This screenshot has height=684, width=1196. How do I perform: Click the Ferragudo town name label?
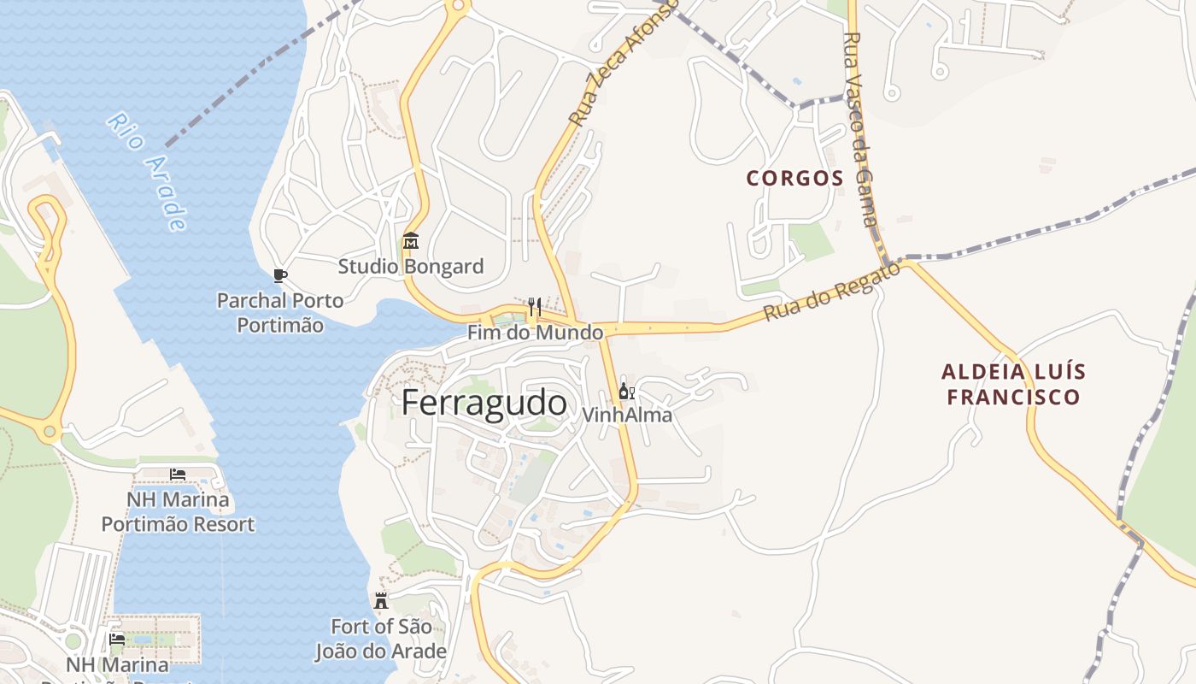click(484, 403)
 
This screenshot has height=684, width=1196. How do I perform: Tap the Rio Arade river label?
click(146, 171)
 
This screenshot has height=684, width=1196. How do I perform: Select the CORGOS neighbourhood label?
click(794, 179)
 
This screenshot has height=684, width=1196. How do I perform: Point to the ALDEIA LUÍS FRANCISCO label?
click(1013, 385)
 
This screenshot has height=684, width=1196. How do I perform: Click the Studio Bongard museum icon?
click(410, 240)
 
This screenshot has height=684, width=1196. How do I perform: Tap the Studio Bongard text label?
click(410, 267)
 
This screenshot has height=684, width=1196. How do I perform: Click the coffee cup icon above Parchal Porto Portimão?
click(279, 275)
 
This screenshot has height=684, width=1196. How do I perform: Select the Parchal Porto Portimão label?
click(279, 313)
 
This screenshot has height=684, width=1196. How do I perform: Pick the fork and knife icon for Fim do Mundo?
click(535, 307)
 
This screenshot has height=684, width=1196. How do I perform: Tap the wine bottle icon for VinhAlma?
click(626, 392)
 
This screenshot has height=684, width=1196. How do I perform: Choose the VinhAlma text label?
click(626, 416)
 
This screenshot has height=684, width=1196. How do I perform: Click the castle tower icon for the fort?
click(381, 600)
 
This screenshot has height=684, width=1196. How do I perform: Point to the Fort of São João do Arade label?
click(381, 639)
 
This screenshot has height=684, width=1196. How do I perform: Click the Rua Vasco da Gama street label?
click(860, 128)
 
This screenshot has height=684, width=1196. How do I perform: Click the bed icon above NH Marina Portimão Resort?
click(178, 474)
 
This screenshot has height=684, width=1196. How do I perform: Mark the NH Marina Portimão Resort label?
click(178, 511)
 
